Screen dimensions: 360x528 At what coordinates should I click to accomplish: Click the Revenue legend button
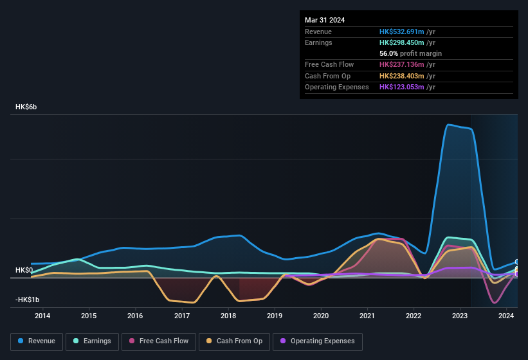point(37,341)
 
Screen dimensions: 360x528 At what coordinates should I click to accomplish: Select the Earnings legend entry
point(92,341)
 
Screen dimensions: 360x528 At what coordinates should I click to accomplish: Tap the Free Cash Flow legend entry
point(158,341)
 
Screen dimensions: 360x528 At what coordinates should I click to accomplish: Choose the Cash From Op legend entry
point(235,341)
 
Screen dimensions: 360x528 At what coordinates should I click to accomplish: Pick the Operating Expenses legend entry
point(318,341)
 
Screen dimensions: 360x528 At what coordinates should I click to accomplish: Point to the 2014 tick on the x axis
point(42,316)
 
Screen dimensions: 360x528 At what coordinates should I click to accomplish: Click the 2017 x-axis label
point(182,316)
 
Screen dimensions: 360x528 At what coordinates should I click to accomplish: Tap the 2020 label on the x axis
point(321,316)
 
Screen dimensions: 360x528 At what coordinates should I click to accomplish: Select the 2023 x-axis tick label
point(460,316)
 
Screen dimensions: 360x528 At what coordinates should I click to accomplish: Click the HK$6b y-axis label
point(26,107)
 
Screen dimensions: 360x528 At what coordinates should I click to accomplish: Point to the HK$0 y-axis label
point(24,270)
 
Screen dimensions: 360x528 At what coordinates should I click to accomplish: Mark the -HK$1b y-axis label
point(28,300)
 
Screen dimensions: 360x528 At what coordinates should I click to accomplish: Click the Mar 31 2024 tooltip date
point(325,20)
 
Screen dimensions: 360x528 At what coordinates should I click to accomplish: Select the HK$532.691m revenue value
point(402,32)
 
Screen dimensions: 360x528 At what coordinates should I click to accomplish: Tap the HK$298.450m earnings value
point(402,42)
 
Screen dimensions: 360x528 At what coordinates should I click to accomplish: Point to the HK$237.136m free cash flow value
point(402,64)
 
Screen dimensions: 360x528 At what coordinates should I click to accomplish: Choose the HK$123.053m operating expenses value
point(402,87)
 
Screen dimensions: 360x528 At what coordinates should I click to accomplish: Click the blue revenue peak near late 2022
point(449,124)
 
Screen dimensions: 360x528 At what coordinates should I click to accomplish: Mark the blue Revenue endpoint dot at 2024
point(517,262)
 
